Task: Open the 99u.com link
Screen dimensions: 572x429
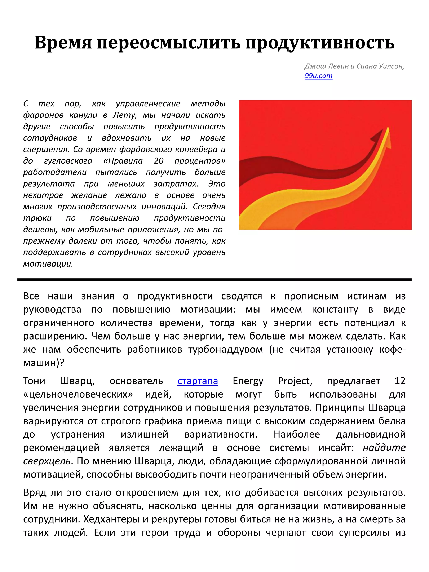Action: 318,76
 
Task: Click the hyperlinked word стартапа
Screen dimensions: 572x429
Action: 198,381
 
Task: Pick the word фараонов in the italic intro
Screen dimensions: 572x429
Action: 43,115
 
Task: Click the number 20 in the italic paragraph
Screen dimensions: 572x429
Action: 159,161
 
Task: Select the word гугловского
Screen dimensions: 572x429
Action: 68,161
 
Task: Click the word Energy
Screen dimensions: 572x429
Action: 248,381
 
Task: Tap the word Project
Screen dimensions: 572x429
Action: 295,381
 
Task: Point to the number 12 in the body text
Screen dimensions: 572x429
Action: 400,381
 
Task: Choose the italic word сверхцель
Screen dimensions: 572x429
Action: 47,461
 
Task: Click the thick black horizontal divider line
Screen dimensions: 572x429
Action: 214,280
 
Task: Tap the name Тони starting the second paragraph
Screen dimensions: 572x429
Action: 34,381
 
